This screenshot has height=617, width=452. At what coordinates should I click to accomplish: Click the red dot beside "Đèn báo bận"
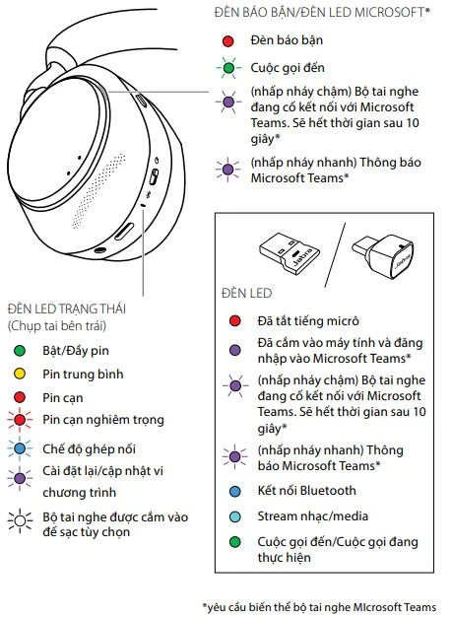point(227,41)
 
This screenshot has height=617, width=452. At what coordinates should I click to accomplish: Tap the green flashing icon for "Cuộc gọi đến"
point(227,69)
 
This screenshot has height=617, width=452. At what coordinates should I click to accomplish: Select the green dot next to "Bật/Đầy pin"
point(19,351)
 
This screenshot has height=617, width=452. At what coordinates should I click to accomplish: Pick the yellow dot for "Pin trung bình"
point(19,375)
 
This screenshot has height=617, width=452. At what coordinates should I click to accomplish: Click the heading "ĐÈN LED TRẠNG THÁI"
point(72,308)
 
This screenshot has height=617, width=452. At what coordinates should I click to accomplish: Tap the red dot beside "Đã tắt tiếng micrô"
point(234,320)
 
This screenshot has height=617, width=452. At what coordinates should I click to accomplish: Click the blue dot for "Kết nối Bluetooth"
point(234,491)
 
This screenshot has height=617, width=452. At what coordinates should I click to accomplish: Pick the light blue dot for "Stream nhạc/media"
point(234,515)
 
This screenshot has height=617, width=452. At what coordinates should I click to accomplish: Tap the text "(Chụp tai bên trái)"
point(56,325)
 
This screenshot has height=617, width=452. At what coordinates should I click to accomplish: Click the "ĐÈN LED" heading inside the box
point(246,294)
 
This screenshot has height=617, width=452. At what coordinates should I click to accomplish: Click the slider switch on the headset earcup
point(154,178)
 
